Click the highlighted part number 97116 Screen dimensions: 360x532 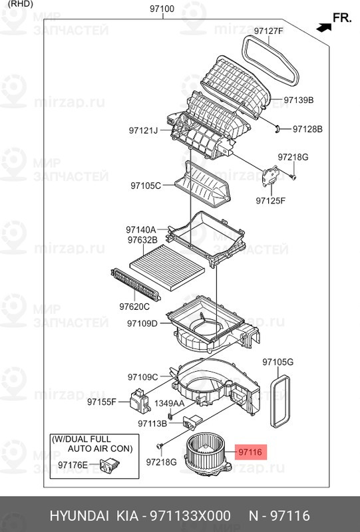[x=250, y=452]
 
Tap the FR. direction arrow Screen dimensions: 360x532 [x=323, y=27]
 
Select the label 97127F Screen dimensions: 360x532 [x=268, y=31]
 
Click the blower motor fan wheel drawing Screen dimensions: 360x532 [x=206, y=454]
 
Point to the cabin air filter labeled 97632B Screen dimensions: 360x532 [x=167, y=268]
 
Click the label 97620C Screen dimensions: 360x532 [x=134, y=307]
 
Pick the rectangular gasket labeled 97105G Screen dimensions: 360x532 [x=280, y=401]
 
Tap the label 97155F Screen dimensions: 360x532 [x=102, y=402]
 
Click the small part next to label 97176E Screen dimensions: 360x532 [x=109, y=464]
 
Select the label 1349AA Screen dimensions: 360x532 [x=170, y=404]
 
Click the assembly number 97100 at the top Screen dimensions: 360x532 [x=162, y=9]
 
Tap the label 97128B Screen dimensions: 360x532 [x=307, y=129]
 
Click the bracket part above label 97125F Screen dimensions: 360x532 [x=270, y=176]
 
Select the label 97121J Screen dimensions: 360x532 [x=143, y=130]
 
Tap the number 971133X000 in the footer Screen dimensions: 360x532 [x=190, y=516]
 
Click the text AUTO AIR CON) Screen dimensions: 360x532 [x=100, y=448]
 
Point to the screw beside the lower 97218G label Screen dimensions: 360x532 [x=160, y=446]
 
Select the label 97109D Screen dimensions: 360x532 [x=142, y=324]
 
